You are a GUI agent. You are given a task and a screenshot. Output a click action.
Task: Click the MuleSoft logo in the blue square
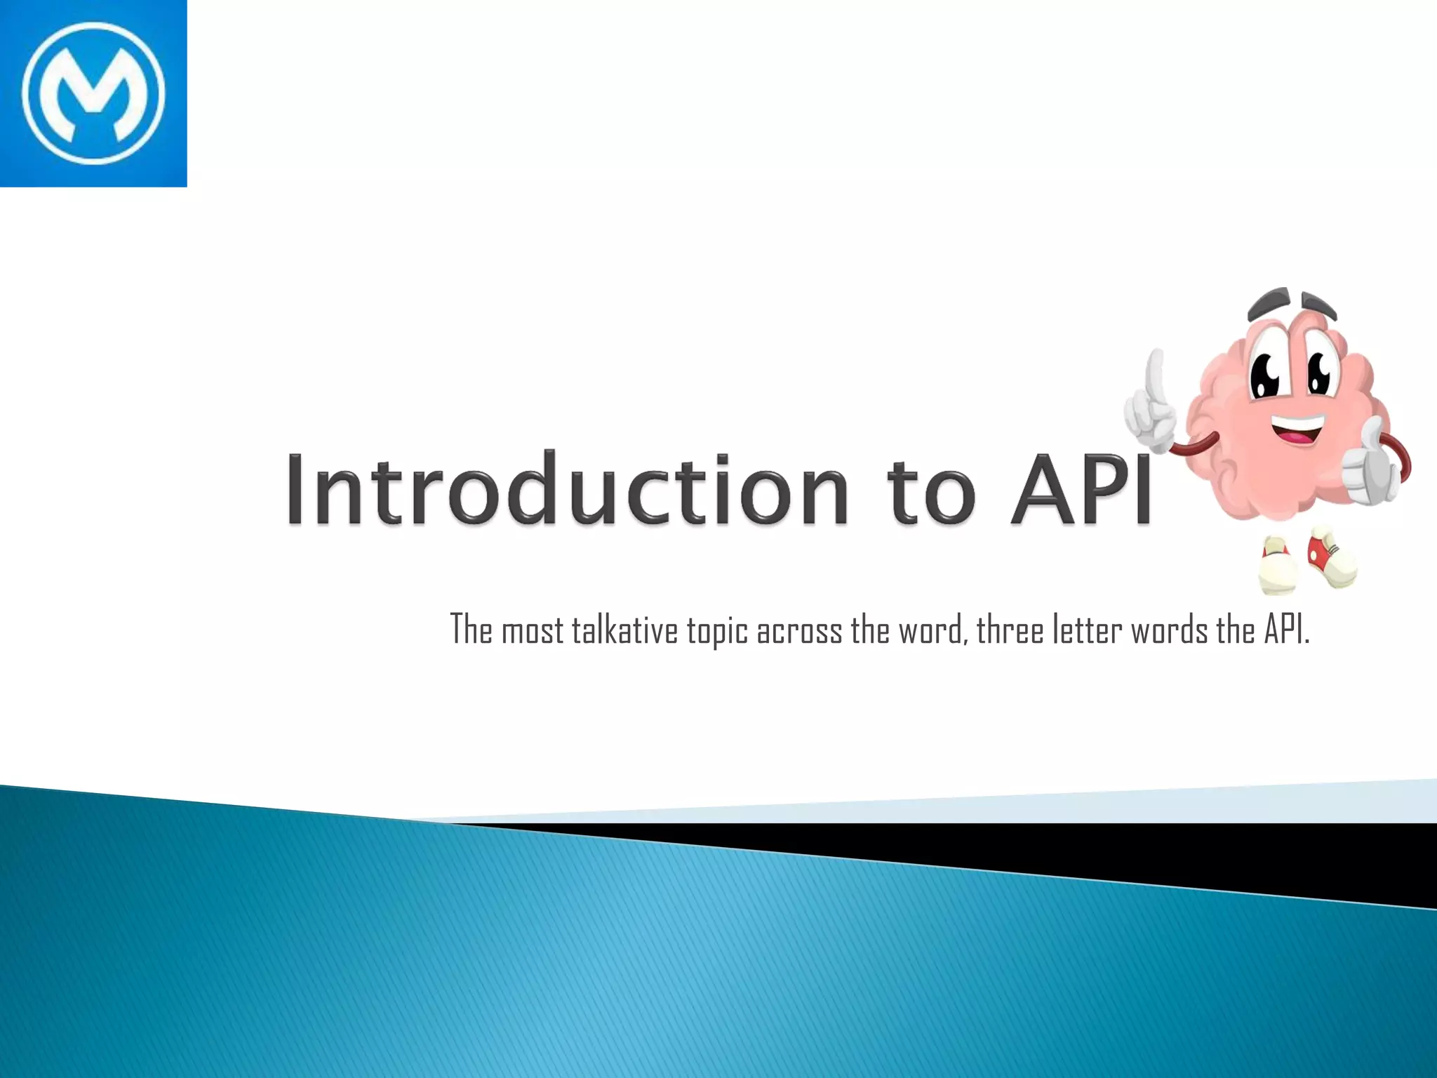click(x=93, y=93)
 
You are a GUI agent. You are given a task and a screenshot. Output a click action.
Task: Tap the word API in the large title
click(x=1081, y=489)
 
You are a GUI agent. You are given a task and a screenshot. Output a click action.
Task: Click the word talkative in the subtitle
click(x=625, y=630)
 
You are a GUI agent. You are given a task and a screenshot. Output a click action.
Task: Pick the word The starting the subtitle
click(x=471, y=629)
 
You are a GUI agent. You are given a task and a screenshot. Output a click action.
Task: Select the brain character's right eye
click(x=1319, y=370)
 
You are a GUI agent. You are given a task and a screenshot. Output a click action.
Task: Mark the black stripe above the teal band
click(x=1193, y=853)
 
